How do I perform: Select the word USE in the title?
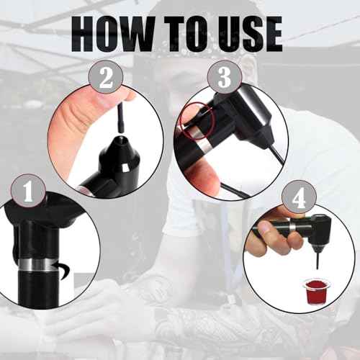[x=250, y=34]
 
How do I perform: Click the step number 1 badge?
[x=28, y=192]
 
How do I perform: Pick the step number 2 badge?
[x=106, y=77]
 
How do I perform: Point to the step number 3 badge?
[x=225, y=77]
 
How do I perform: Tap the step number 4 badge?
[x=299, y=198]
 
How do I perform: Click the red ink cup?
[x=313, y=291]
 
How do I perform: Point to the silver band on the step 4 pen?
[x=292, y=227]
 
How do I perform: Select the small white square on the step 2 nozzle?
[x=125, y=168]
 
